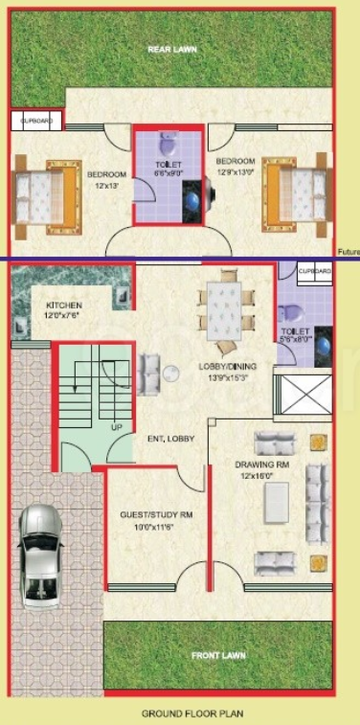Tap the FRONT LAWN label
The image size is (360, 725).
tap(219, 656)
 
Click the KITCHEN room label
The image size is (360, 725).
tap(64, 306)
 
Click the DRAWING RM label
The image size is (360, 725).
tap(255, 463)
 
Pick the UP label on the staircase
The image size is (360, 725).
tap(117, 427)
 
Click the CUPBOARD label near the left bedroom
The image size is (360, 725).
tap(36, 122)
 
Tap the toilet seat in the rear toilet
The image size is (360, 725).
tap(168, 146)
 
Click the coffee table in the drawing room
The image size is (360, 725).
tap(277, 501)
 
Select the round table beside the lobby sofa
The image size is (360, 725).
tap(170, 375)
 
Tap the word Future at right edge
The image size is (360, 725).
tap(349, 252)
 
